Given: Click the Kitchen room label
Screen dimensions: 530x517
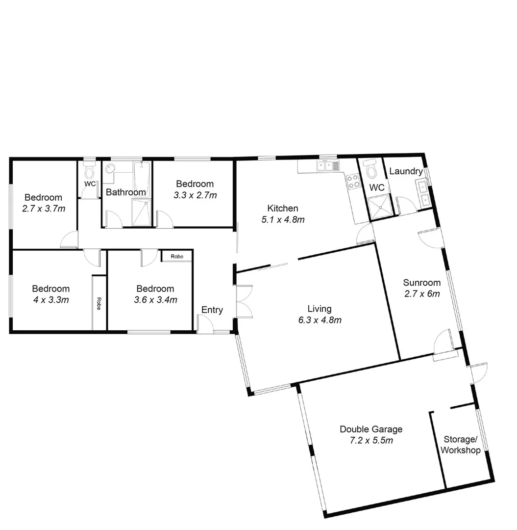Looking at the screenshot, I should click(x=283, y=208).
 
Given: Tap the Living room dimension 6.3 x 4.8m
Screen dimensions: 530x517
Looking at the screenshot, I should click(x=320, y=320).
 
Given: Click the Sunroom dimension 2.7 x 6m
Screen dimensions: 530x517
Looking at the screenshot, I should click(x=422, y=294).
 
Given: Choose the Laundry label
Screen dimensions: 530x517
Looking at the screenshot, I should click(x=406, y=171).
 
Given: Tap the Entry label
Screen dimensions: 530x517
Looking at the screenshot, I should click(x=212, y=310).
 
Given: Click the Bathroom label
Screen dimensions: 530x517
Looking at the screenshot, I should click(x=126, y=192).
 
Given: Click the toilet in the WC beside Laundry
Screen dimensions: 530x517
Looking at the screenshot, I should click(x=372, y=170).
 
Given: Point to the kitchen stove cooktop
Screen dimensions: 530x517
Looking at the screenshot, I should click(x=353, y=182).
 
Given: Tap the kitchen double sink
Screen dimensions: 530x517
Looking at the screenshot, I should click(x=326, y=166).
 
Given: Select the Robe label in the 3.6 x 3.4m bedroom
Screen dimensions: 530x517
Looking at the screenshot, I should click(x=176, y=256).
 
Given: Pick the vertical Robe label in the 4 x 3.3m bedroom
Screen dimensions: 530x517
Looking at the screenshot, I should click(x=99, y=304).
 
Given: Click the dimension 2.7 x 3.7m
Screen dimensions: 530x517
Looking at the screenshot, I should click(x=44, y=209).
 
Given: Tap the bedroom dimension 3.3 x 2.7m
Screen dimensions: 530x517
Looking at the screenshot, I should click(x=195, y=195).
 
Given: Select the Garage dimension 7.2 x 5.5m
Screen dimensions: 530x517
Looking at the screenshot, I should click(x=371, y=440).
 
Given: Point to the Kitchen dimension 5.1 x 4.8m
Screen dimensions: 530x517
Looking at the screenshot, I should click(x=283, y=219).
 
